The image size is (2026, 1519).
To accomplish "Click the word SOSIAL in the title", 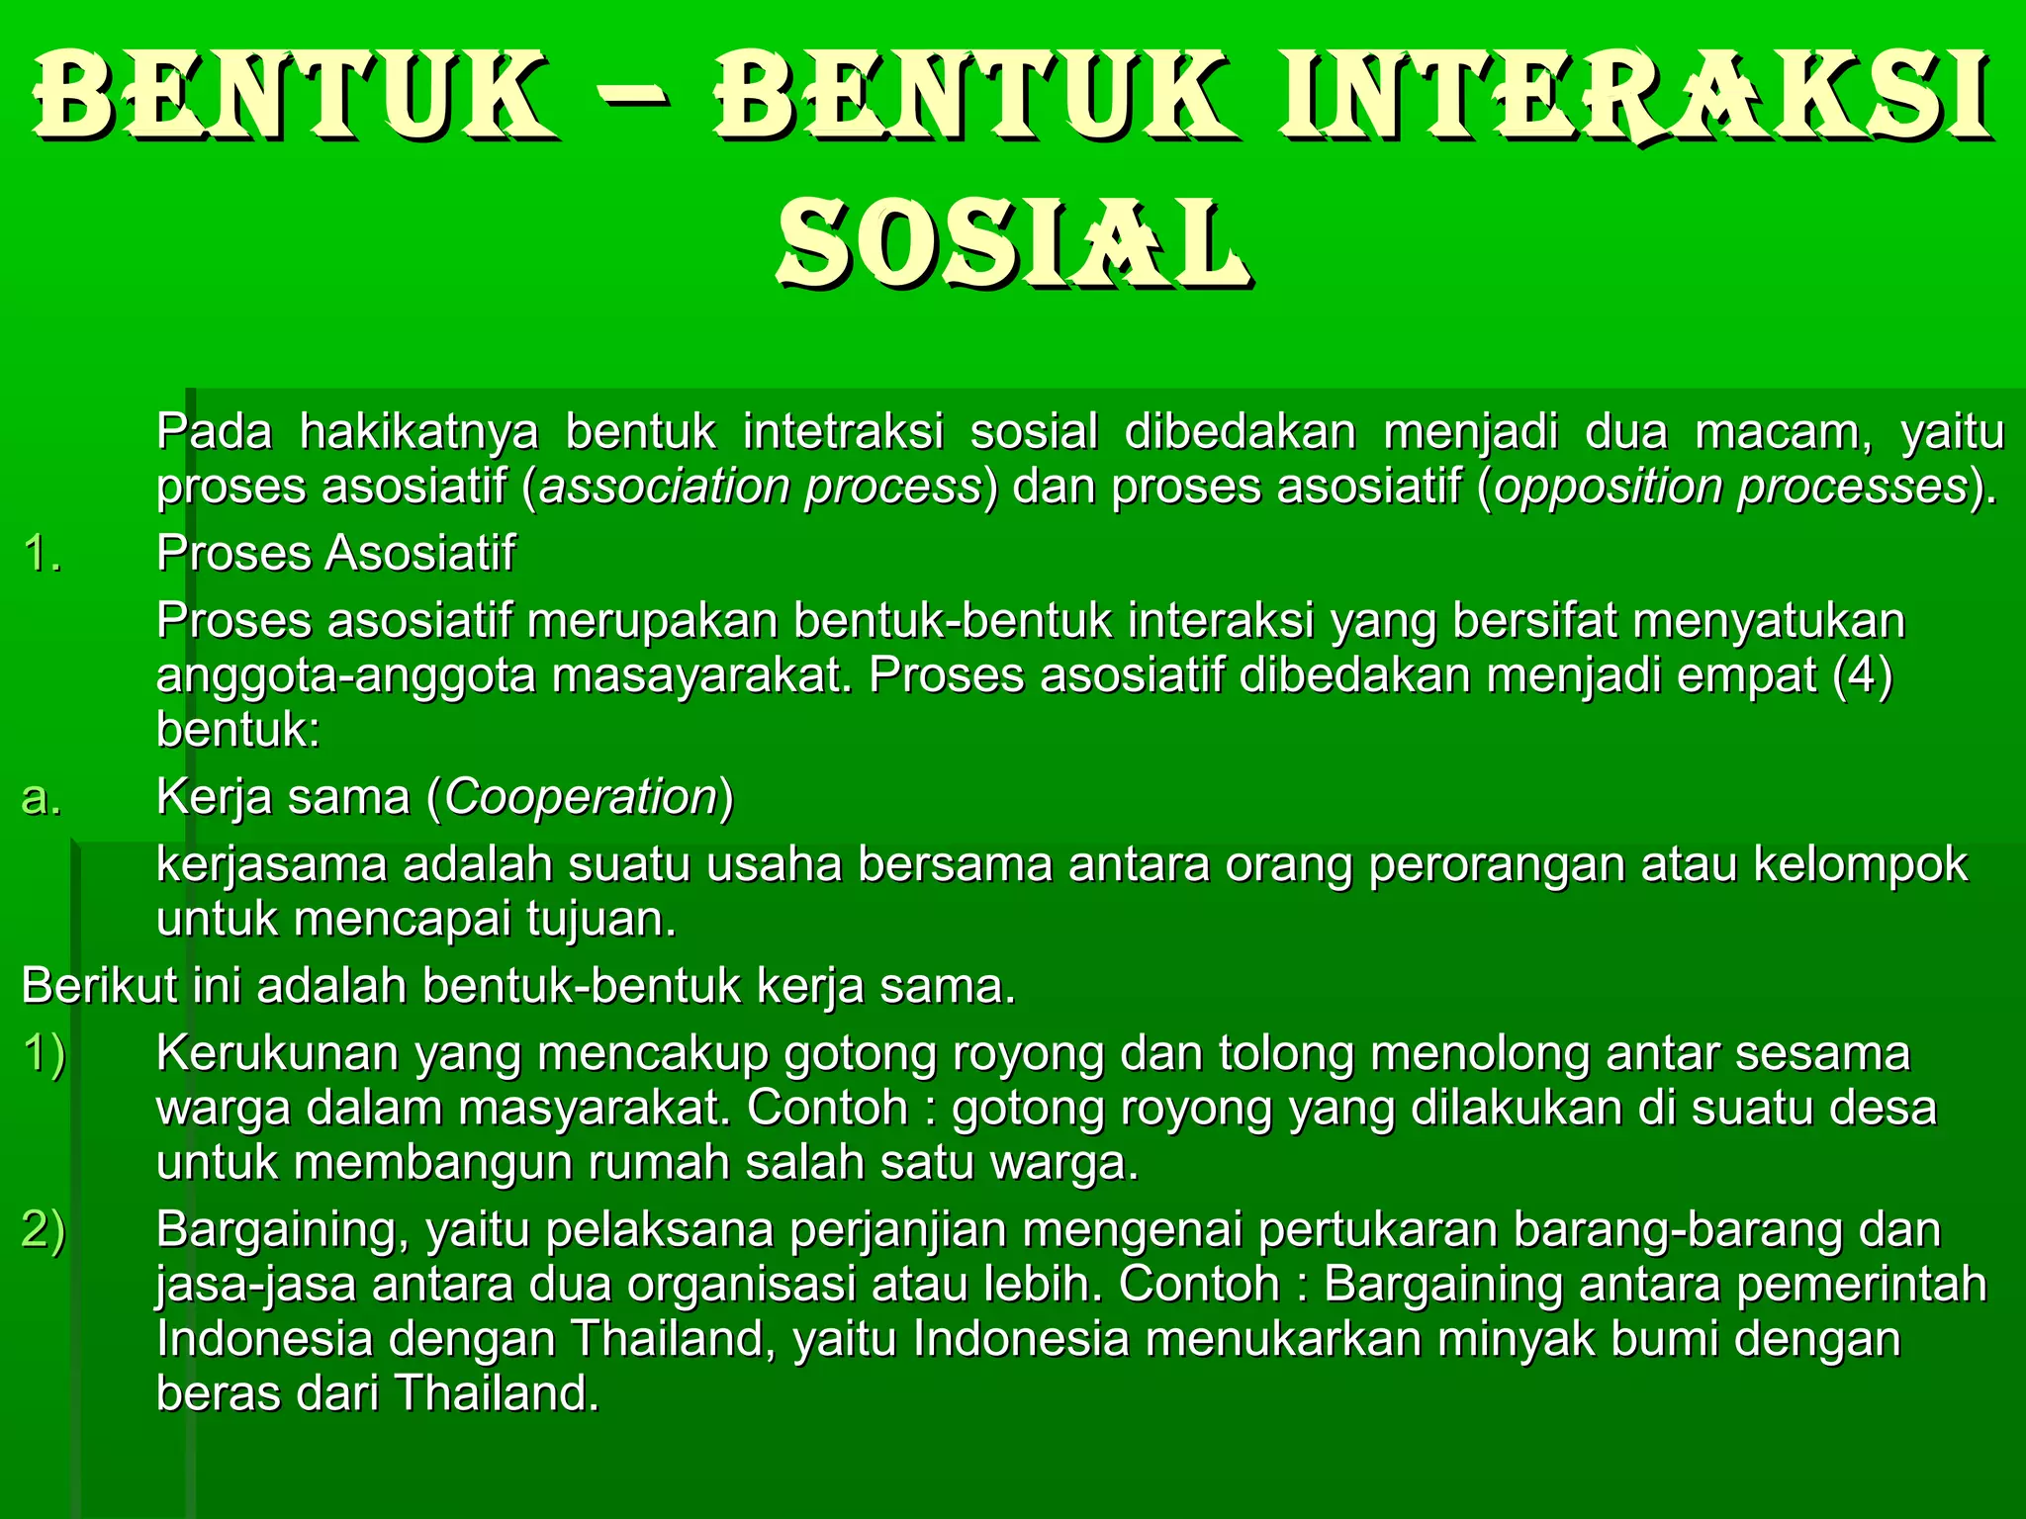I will (x=1013, y=242).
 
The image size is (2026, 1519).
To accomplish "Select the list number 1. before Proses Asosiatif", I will (x=42, y=554).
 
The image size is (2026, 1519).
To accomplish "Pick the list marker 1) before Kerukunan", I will (x=45, y=1054).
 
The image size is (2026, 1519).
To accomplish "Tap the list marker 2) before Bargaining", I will (x=45, y=1230).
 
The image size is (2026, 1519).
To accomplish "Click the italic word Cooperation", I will (x=581, y=798).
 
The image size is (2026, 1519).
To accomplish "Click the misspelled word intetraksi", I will (x=843, y=432).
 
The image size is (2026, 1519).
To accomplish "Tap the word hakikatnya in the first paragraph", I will (x=419, y=432).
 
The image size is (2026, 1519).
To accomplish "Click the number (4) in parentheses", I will (x=1862, y=676).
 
